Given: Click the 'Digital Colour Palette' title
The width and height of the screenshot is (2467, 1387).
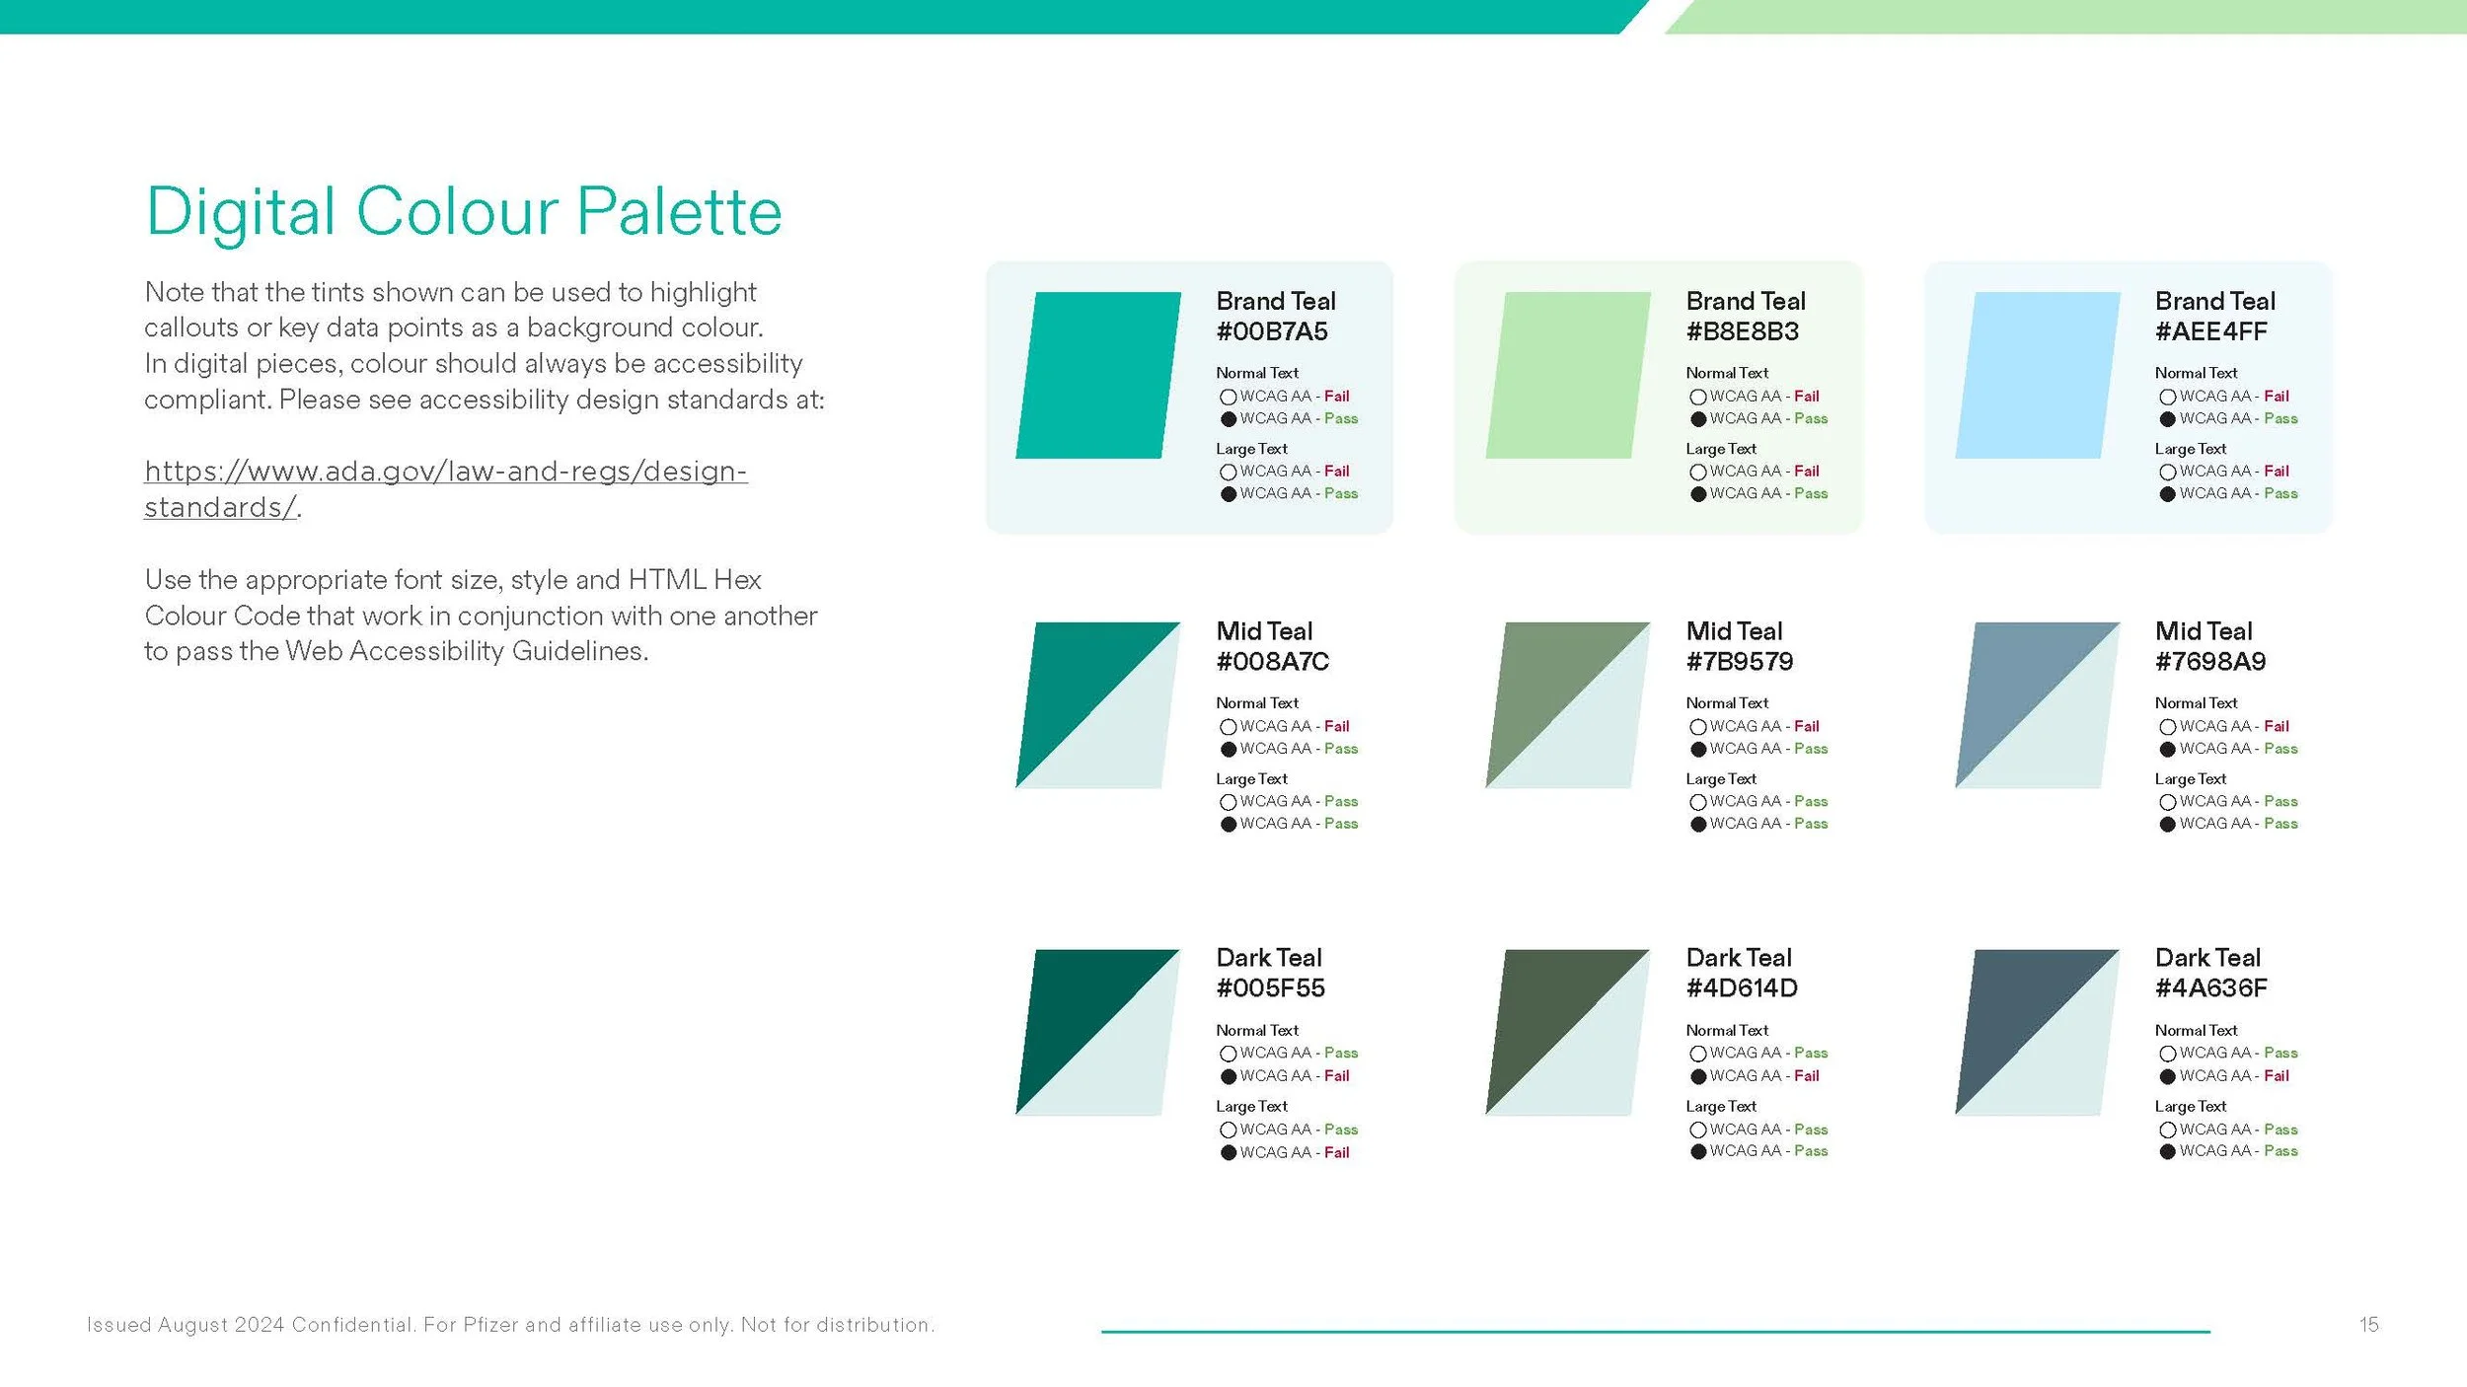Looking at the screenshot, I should coord(464,212).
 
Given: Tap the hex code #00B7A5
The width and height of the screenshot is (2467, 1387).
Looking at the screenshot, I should coord(1272,332).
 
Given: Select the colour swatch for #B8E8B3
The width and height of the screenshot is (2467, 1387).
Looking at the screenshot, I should coord(1568,375).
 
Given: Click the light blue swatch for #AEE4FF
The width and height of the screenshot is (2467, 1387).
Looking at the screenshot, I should coord(2038,375).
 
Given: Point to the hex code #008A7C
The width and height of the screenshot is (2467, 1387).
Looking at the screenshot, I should coord(1273,662).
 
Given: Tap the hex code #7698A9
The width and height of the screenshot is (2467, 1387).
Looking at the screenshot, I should coord(2210,662).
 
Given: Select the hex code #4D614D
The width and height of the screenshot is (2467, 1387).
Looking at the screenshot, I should coord(1742,988).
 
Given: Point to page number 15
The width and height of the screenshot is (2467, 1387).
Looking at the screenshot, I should coord(2369,1325).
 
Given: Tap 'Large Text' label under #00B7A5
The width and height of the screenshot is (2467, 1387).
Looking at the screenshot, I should coord(1251,449).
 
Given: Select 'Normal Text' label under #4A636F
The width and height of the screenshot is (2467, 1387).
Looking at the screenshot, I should coord(2196,1031).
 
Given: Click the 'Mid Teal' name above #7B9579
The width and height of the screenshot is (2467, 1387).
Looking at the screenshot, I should coord(1734,631).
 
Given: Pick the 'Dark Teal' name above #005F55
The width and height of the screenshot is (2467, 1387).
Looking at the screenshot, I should coord(1269,958).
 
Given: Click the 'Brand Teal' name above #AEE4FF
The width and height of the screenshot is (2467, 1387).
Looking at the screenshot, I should coord(2215,301).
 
